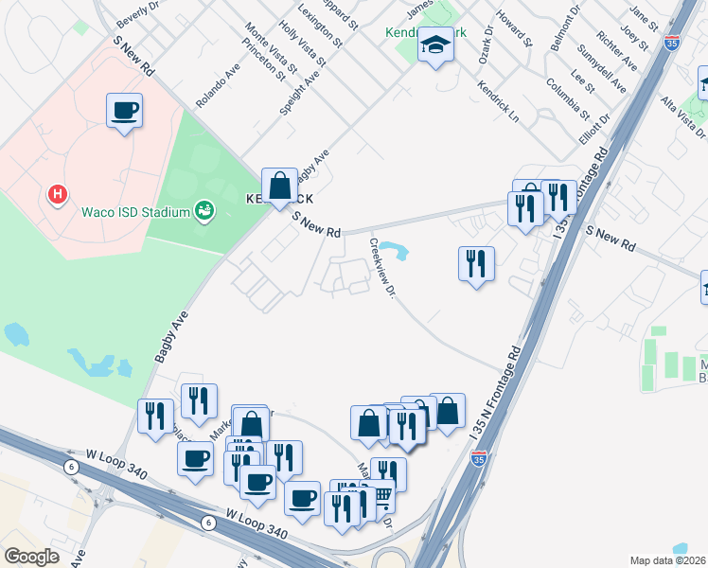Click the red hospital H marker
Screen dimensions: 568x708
(x=58, y=196)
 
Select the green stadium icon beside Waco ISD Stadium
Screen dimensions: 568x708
(x=203, y=210)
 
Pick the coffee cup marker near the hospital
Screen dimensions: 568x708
(x=125, y=112)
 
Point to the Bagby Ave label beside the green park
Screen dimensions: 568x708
(x=171, y=335)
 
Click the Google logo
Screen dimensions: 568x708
(x=31, y=557)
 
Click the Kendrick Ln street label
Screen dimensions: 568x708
(x=499, y=105)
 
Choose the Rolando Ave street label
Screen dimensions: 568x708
(x=219, y=86)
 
